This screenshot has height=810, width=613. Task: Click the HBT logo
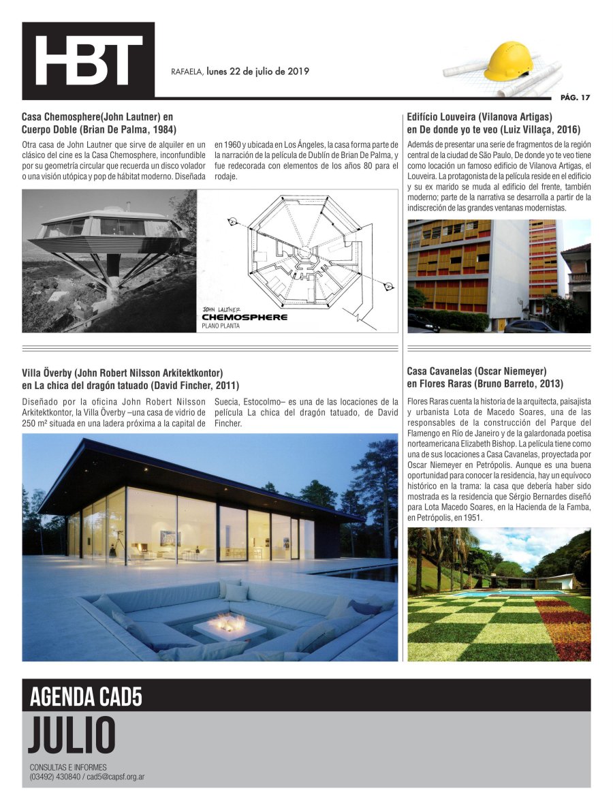89,61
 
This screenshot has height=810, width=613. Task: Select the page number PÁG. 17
575,97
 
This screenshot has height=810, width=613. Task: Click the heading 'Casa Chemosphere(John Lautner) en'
97,117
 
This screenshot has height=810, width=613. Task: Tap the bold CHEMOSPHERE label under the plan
245,317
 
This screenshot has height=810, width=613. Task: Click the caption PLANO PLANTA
221,326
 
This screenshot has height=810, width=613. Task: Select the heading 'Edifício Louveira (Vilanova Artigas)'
480,117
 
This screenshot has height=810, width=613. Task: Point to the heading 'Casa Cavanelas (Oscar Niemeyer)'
477,371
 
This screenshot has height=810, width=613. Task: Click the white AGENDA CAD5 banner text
86,697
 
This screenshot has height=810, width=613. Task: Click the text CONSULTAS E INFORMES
68,768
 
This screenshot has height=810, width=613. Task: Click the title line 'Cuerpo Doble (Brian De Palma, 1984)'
99,129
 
